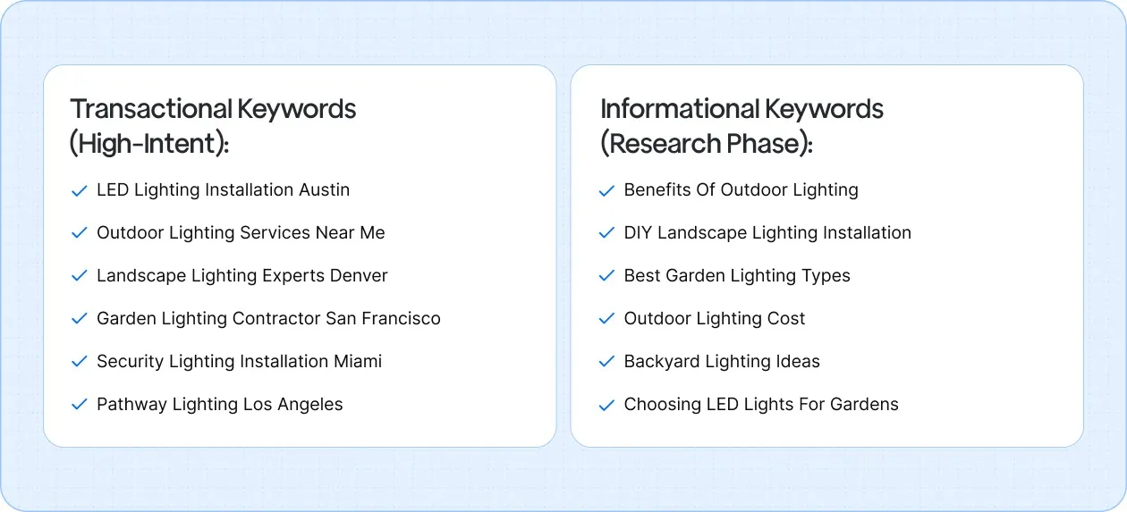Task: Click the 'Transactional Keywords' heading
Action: tap(213, 109)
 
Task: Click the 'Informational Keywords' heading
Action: tap(741, 109)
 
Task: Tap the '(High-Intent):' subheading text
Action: tap(149, 143)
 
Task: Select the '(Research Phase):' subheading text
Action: tap(706, 143)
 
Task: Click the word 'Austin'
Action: tap(324, 189)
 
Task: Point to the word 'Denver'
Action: tap(358, 275)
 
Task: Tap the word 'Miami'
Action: tap(358, 361)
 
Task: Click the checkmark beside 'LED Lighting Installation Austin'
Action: tap(79, 190)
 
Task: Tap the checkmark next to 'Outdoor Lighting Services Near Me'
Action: tap(79, 233)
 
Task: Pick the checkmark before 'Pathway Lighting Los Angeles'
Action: tap(79, 405)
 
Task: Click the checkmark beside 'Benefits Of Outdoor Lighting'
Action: tap(607, 190)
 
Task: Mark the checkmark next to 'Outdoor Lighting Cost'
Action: tap(607, 319)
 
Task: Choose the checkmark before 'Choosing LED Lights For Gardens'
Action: tap(607, 405)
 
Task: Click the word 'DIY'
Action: tap(638, 232)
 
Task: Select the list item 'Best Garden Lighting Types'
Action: tap(737, 275)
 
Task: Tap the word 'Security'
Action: tap(129, 361)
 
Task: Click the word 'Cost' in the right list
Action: tap(785, 318)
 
